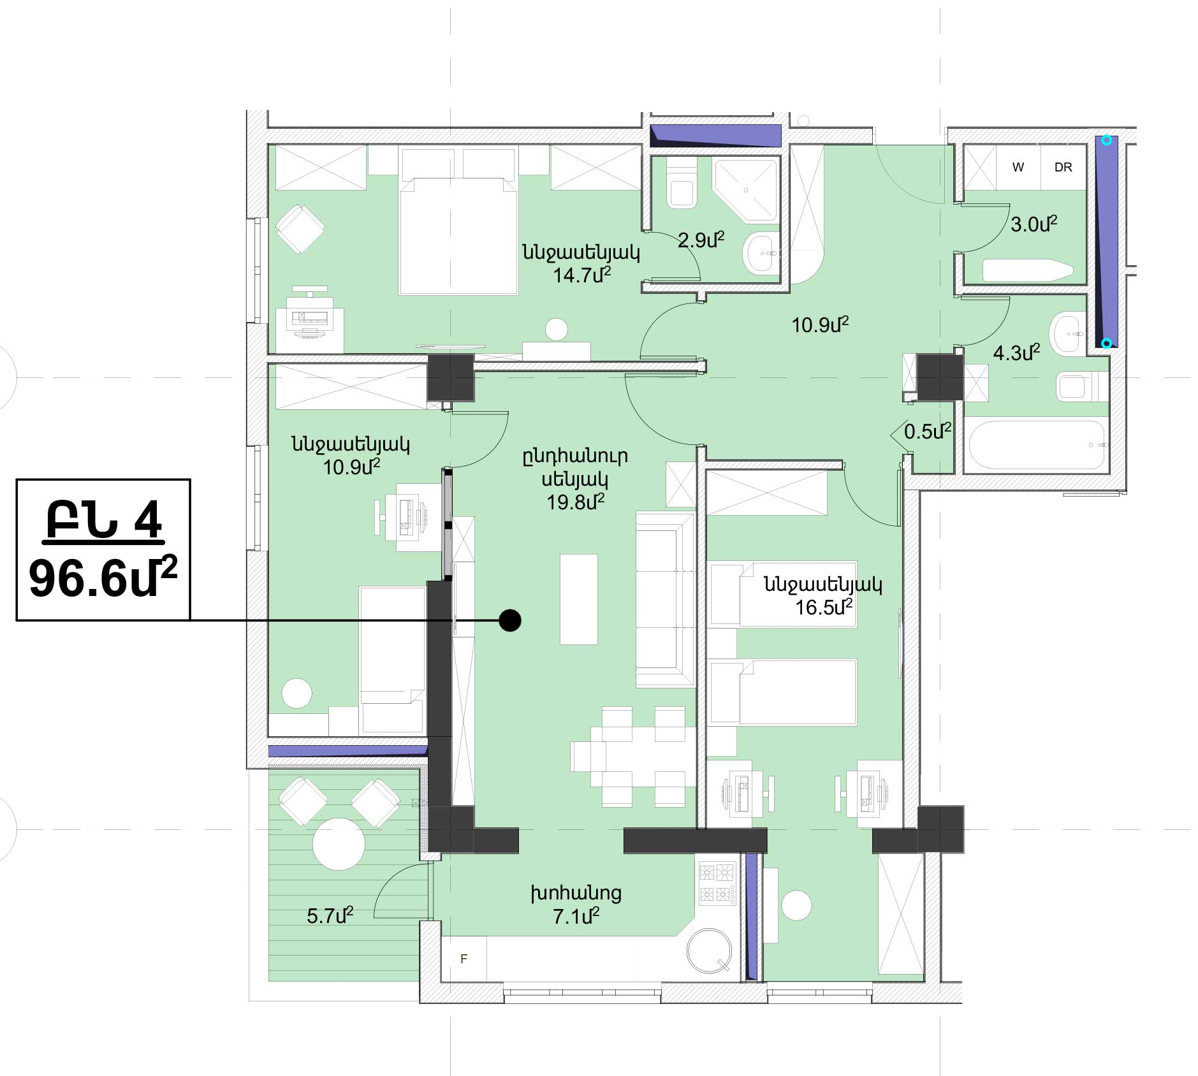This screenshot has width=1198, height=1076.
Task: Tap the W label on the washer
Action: coord(1018,167)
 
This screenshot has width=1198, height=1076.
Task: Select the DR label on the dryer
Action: coord(1063,167)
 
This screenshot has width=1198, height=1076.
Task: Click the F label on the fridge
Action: coord(464,959)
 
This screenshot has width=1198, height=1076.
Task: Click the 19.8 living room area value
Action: coord(575,502)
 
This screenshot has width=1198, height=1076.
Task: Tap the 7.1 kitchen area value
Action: coord(576,917)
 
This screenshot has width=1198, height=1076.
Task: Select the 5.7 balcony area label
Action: coord(330,916)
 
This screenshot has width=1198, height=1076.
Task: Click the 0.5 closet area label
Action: coord(928,432)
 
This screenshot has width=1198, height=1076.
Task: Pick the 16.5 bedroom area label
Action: coord(824,607)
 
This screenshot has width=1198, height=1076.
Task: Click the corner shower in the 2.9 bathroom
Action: coord(745,190)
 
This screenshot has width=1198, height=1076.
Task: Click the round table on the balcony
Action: coord(339,843)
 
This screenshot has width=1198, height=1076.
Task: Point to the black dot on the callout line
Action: coord(510,620)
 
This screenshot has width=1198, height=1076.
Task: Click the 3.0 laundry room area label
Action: coord(1034,224)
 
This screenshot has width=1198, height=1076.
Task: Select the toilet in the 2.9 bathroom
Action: coord(682,185)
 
